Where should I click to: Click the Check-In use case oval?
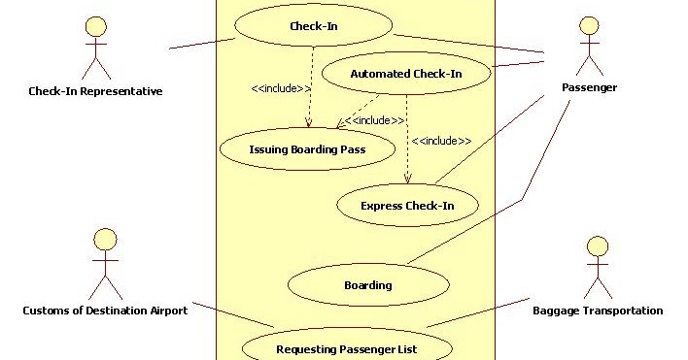click(314, 26)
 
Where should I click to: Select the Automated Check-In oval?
click(406, 73)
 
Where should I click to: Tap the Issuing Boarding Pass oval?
click(307, 149)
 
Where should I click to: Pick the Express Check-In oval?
click(407, 205)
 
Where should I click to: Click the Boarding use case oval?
click(368, 284)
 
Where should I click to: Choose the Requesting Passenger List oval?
click(346, 348)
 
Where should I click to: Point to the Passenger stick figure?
click(589, 49)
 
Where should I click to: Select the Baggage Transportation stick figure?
click(597, 266)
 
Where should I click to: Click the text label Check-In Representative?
click(95, 92)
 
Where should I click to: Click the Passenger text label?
click(589, 88)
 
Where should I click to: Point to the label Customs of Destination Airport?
click(105, 311)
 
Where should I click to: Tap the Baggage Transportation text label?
click(598, 311)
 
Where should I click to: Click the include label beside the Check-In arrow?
click(281, 88)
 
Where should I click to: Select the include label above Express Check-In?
click(441, 141)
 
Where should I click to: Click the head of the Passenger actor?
click(589, 24)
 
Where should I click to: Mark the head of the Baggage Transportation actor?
click(597, 245)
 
